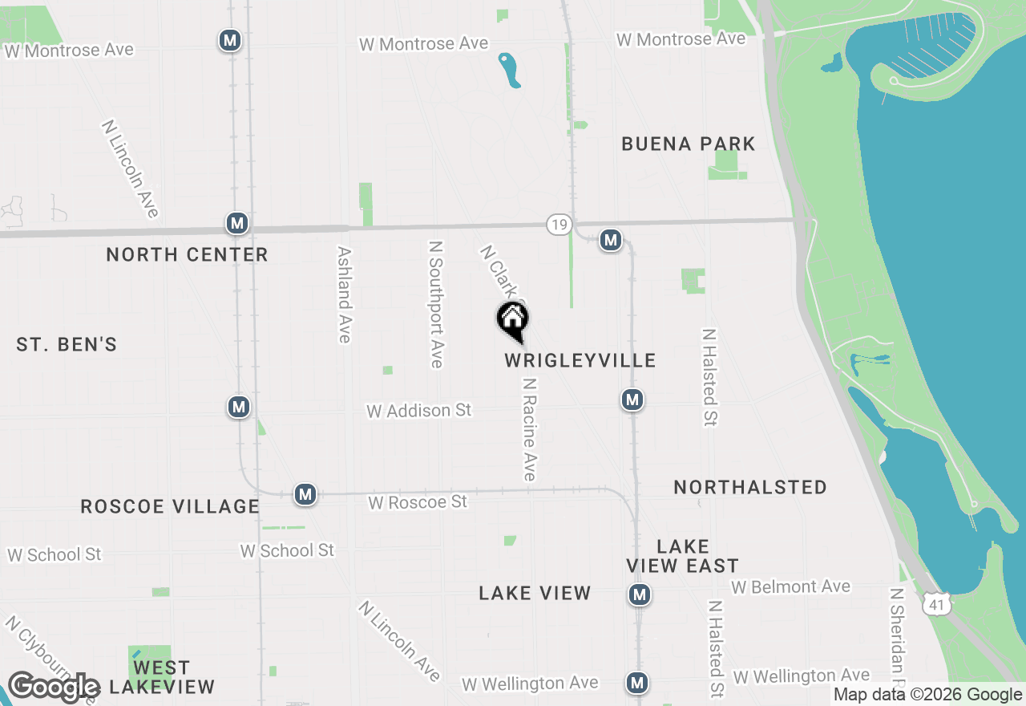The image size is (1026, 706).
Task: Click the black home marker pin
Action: click(x=513, y=321)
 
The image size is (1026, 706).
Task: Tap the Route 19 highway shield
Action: click(x=559, y=225)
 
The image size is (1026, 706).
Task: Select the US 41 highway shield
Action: click(x=937, y=605)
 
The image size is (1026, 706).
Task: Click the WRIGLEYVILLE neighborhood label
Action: click(x=580, y=361)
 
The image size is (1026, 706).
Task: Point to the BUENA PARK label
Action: click(x=689, y=144)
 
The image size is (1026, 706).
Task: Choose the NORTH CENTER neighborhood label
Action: click(x=187, y=255)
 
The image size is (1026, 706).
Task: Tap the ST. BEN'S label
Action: click(x=67, y=345)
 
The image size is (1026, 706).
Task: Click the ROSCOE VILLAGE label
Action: click(x=170, y=507)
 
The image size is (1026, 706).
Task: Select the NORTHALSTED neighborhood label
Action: click(x=750, y=488)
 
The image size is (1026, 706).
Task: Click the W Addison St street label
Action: click(x=419, y=411)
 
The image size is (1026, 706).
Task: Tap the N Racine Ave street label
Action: click(x=529, y=429)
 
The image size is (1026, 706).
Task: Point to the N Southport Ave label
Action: click(x=436, y=305)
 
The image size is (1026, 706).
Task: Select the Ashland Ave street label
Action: click(x=345, y=294)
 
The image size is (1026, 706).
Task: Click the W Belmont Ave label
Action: click(x=790, y=587)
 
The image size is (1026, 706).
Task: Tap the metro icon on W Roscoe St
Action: click(x=305, y=494)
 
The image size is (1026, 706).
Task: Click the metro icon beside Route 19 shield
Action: click(x=611, y=239)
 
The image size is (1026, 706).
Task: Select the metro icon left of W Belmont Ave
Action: click(x=639, y=594)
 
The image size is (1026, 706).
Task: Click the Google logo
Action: click(x=54, y=688)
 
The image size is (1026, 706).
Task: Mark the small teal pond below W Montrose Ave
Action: click(x=509, y=71)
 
